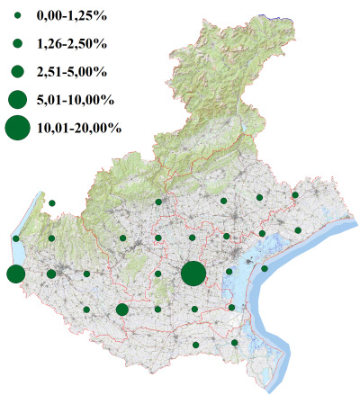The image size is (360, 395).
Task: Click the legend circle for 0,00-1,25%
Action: pos(18,16)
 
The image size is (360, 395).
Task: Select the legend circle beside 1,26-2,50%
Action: pos(18,43)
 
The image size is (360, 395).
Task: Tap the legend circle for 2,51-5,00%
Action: pos(18,70)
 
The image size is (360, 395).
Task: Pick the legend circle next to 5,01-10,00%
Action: pos(18,98)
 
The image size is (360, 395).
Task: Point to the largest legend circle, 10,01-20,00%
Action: pos(18,128)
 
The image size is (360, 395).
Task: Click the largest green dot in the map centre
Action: pos(193,274)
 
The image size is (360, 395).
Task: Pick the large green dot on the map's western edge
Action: pos(15,274)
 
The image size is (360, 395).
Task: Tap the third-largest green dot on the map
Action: pos(122,310)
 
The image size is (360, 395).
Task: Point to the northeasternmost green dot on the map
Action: pos(295,194)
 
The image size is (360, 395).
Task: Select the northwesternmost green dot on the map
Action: pos(52,203)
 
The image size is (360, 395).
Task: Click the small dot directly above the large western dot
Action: pos(16,238)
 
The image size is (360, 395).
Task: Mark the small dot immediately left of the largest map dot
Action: pos(157,274)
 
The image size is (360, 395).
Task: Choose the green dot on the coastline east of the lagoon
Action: pos(265,268)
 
